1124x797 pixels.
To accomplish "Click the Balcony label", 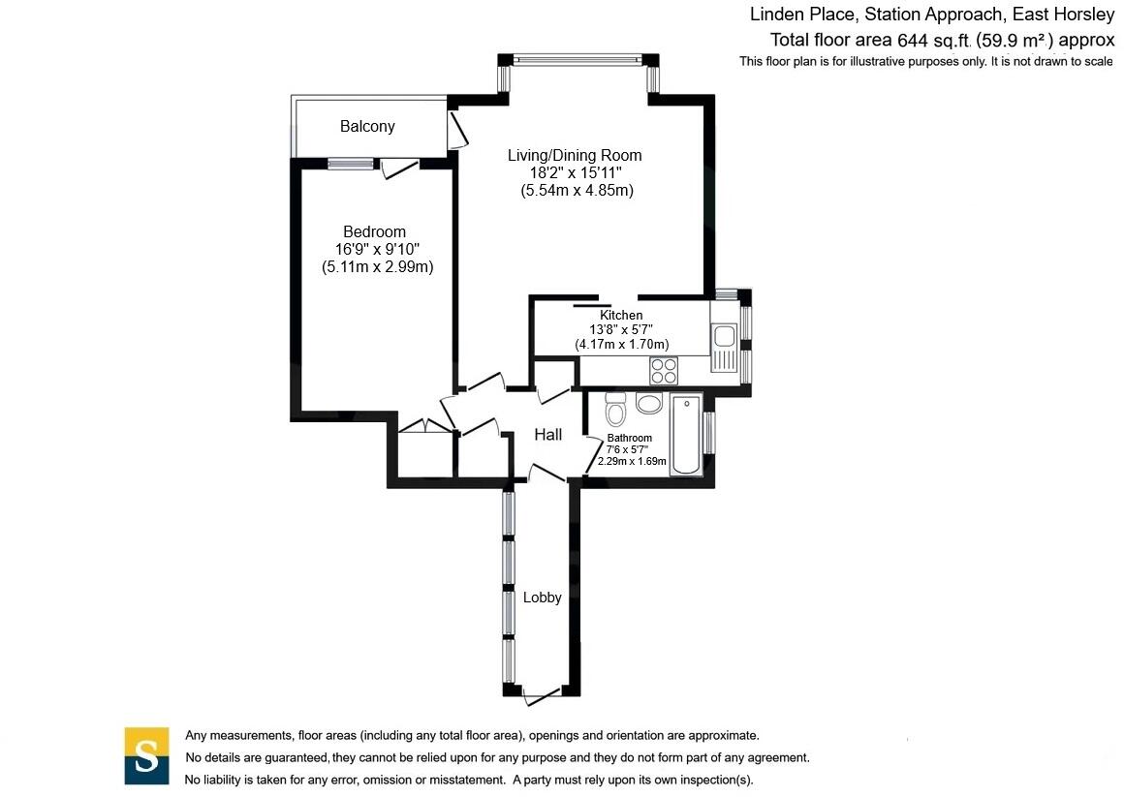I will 367,127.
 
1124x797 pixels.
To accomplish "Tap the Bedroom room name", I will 374,232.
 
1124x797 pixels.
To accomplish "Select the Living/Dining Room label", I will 576,155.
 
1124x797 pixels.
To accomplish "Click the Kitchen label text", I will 621,316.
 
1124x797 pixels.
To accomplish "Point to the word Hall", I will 548,436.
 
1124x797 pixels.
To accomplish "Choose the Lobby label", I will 542,598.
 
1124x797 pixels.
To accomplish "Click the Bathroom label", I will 630,438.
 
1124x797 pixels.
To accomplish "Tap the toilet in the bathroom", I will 614,411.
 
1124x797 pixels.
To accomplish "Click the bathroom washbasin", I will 649,402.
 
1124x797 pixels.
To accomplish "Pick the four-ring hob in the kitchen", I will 665,371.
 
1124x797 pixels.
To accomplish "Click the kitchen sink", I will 723,338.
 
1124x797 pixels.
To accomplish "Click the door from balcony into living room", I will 454,131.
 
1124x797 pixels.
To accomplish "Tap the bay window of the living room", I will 578,61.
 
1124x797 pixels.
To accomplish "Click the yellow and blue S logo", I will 146,755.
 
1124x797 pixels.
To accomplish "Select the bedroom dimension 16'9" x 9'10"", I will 377,250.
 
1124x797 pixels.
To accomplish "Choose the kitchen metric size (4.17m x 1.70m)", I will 621,344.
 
